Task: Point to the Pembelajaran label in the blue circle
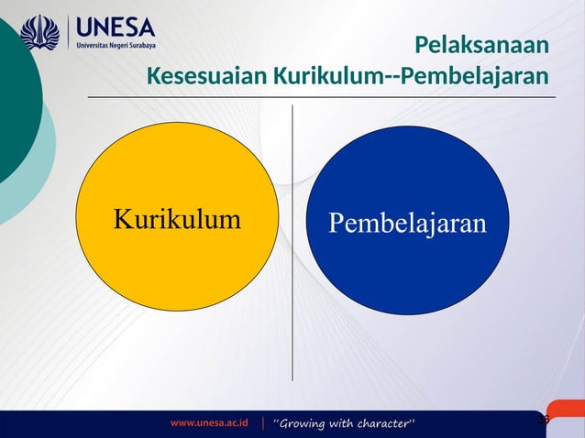(407, 223)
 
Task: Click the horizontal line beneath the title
(321, 96)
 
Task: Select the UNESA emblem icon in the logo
(39, 32)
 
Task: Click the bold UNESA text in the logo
(116, 26)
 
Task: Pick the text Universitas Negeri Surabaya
(116, 45)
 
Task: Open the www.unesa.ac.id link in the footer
(209, 423)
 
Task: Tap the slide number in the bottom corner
(542, 419)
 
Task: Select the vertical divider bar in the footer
(263, 423)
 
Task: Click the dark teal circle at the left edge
(14, 101)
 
